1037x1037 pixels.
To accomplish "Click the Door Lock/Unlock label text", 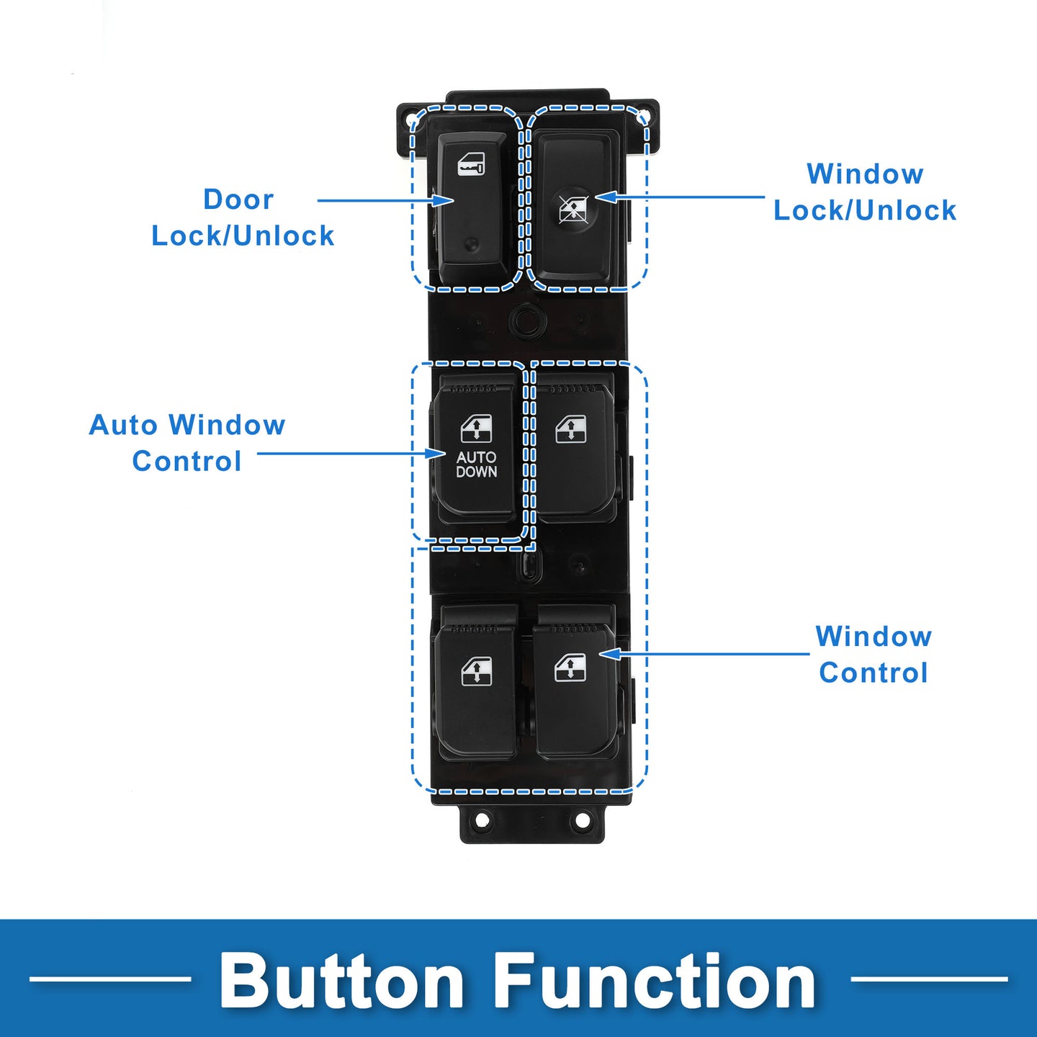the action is click(243, 217).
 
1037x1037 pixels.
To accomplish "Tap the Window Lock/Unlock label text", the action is click(865, 192).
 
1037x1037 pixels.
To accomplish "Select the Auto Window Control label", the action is click(187, 443).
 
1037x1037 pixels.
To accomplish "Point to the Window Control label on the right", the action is click(874, 655).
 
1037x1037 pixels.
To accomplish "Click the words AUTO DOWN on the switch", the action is click(476, 464).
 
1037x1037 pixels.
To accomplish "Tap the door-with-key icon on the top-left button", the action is click(471, 165).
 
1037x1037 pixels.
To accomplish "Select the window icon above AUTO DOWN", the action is click(476, 429).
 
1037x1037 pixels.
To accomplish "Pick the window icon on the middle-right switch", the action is click(571, 429).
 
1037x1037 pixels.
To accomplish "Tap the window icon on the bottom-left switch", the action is click(477, 672).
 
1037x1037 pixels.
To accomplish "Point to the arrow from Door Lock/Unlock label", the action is click(386, 201).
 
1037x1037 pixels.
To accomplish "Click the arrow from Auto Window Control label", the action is click(351, 453).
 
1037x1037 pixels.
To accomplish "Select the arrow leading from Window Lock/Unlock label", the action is click(680, 197).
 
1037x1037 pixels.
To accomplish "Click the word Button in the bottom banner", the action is click(341, 980).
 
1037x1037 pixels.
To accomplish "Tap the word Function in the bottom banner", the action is click(655, 980).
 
